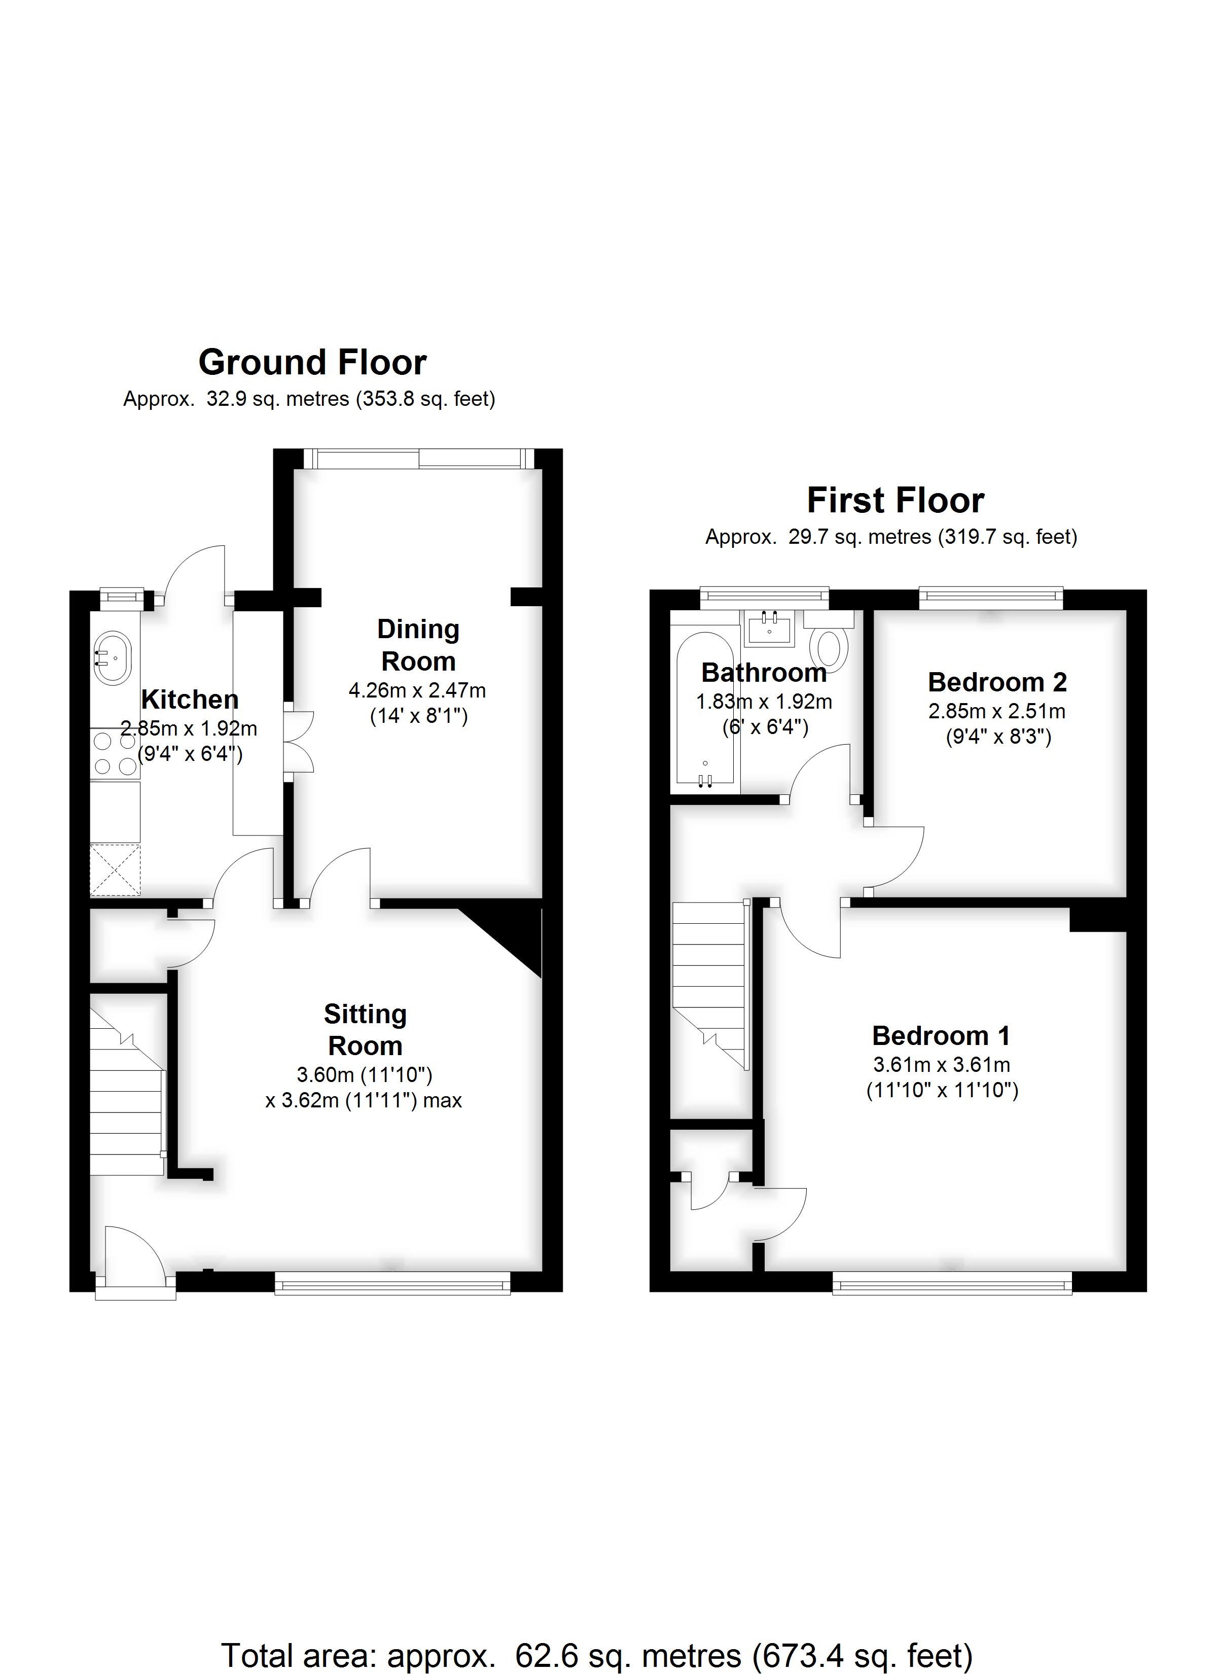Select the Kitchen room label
(x=190, y=699)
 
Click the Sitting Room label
(x=365, y=1030)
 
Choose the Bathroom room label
(x=764, y=673)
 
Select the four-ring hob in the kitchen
(x=115, y=754)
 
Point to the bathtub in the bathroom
(x=705, y=709)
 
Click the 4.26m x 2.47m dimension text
(x=417, y=691)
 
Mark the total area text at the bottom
(x=596, y=1635)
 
